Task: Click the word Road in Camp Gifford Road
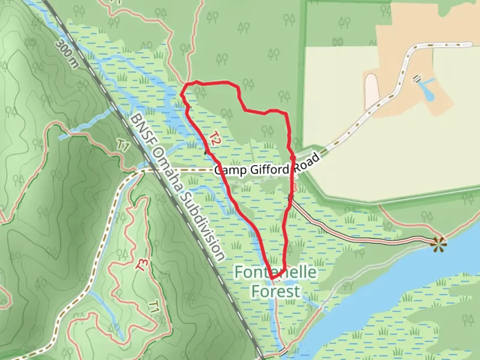click(x=304, y=162)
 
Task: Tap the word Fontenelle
click(x=275, y=272)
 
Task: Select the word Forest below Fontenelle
click(x=275, y=291)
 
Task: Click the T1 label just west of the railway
click(x=123, y=146)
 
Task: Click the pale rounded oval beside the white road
click(x=372, y=90)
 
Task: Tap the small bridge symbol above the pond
click(x=417, y=79)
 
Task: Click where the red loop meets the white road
click(x=293, y=157)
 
